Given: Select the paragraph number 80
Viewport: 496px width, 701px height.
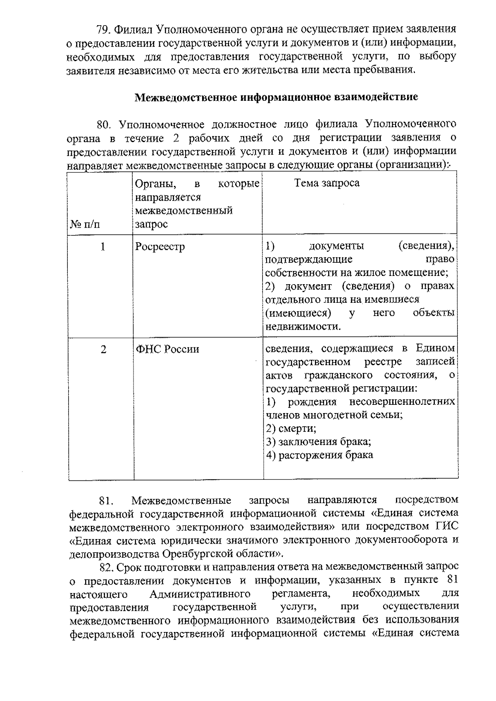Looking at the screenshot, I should pos(103,124).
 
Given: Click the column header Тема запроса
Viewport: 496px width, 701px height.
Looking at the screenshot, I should pos(327,183).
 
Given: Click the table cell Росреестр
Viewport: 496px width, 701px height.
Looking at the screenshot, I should pos(160,247).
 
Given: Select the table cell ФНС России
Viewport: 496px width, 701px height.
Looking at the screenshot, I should pos(168,349).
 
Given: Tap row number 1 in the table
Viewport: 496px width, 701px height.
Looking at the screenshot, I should pos(103,247).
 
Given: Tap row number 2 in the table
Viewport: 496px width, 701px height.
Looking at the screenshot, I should pos(103,349).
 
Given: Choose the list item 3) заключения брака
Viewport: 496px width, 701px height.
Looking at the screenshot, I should pos(318,442).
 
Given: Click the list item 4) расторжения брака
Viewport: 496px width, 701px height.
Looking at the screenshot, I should pos(320,455).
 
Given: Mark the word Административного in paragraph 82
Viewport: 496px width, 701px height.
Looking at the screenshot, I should pos(200,594).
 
